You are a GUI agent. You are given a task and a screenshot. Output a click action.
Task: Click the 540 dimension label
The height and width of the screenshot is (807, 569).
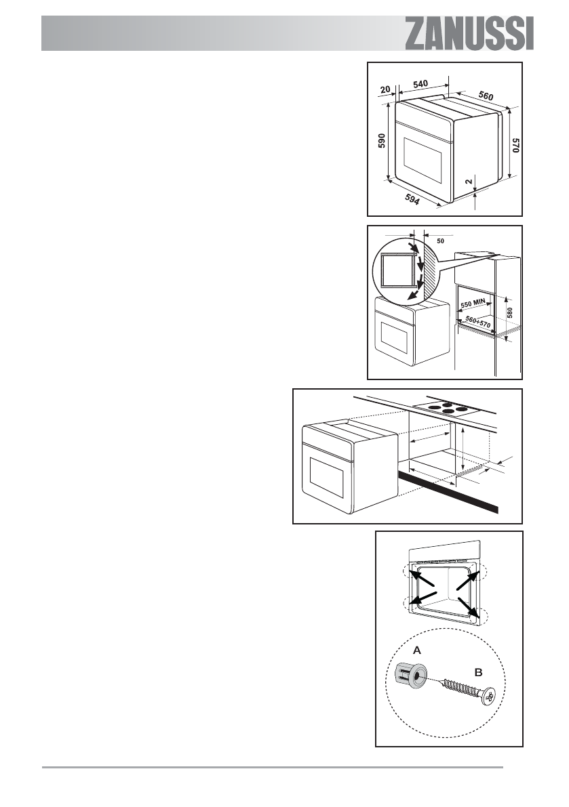(x=420, y=84)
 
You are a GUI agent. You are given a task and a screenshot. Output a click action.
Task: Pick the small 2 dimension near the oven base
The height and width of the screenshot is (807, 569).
(x=469, y=182)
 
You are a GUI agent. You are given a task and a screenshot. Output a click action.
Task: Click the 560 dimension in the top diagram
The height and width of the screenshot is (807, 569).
(x=485, y=96)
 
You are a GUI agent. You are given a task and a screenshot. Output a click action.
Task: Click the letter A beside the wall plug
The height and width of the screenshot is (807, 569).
(x=418, y=649)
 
